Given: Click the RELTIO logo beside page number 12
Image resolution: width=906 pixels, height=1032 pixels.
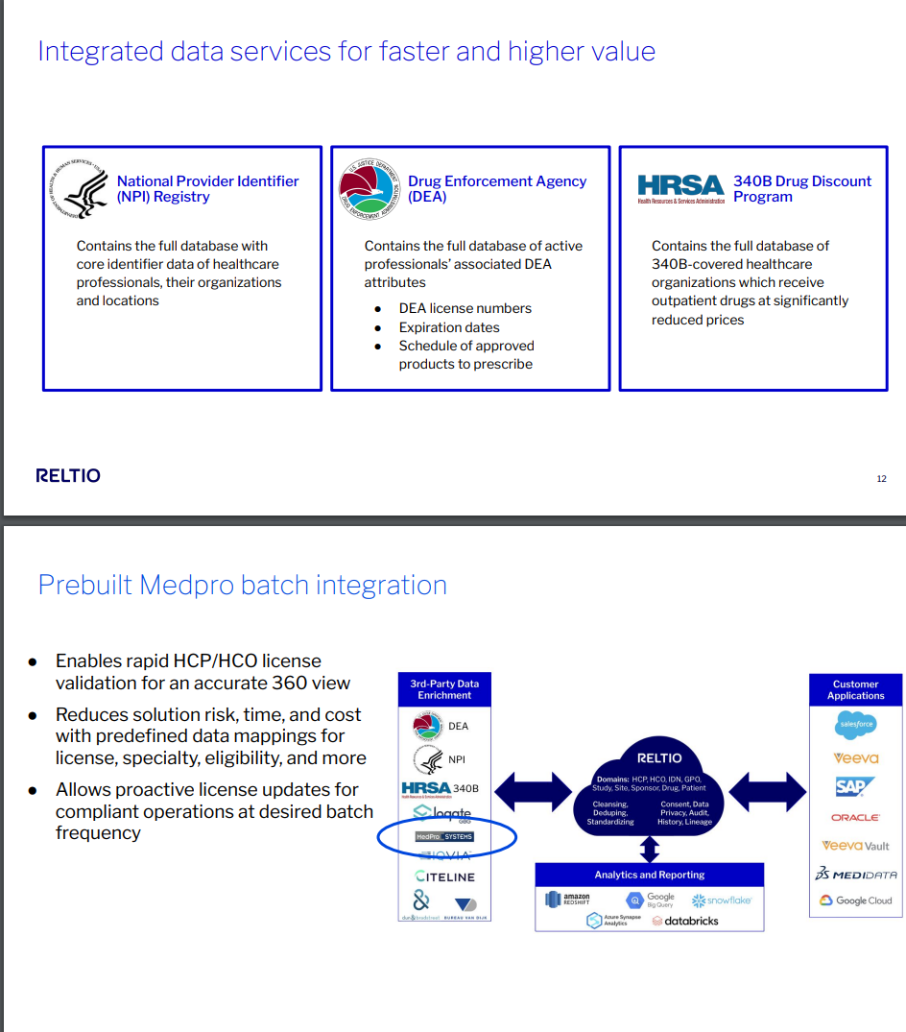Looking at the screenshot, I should coord(67,475).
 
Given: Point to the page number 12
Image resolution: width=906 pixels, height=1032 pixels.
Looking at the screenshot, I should coord(881,479).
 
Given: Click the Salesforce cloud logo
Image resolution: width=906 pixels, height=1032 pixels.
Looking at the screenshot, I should coord(855,726).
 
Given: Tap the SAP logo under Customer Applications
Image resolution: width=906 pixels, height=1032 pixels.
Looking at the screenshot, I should coord(855,787).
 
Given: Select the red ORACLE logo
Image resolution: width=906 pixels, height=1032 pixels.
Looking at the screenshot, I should coord(855,818).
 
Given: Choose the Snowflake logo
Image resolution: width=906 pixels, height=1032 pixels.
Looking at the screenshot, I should coord(722,900).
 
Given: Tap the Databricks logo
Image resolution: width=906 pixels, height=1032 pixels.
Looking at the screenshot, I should coord(684,921).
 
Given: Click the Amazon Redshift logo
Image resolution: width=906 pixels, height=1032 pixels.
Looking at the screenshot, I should coord(567,900).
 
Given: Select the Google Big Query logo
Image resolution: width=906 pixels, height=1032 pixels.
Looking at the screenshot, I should coord(651,900).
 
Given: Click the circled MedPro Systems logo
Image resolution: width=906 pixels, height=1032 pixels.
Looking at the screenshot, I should coord(444,837).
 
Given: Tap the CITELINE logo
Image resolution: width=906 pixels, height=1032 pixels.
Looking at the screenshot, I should coord(444,876).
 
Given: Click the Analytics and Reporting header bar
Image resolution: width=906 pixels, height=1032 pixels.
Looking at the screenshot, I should coord(650,875).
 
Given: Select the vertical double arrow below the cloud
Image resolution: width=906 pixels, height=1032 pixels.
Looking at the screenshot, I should coord(650,849).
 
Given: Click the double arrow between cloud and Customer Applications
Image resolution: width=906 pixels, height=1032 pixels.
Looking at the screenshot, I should coord(768,790).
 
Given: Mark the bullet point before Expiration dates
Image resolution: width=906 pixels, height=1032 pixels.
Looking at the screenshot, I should coord(378,327).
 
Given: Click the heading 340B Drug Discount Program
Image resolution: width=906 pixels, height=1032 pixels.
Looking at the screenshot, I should coord(802,188).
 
